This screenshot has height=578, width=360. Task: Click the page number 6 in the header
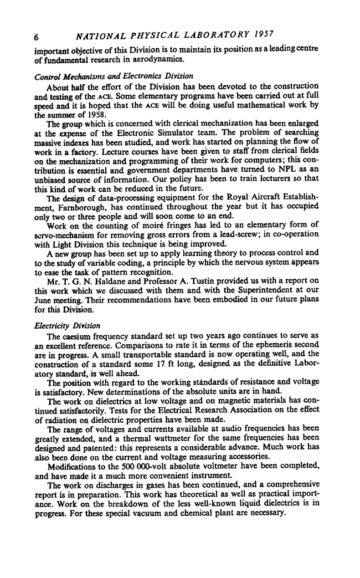(36, 37)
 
